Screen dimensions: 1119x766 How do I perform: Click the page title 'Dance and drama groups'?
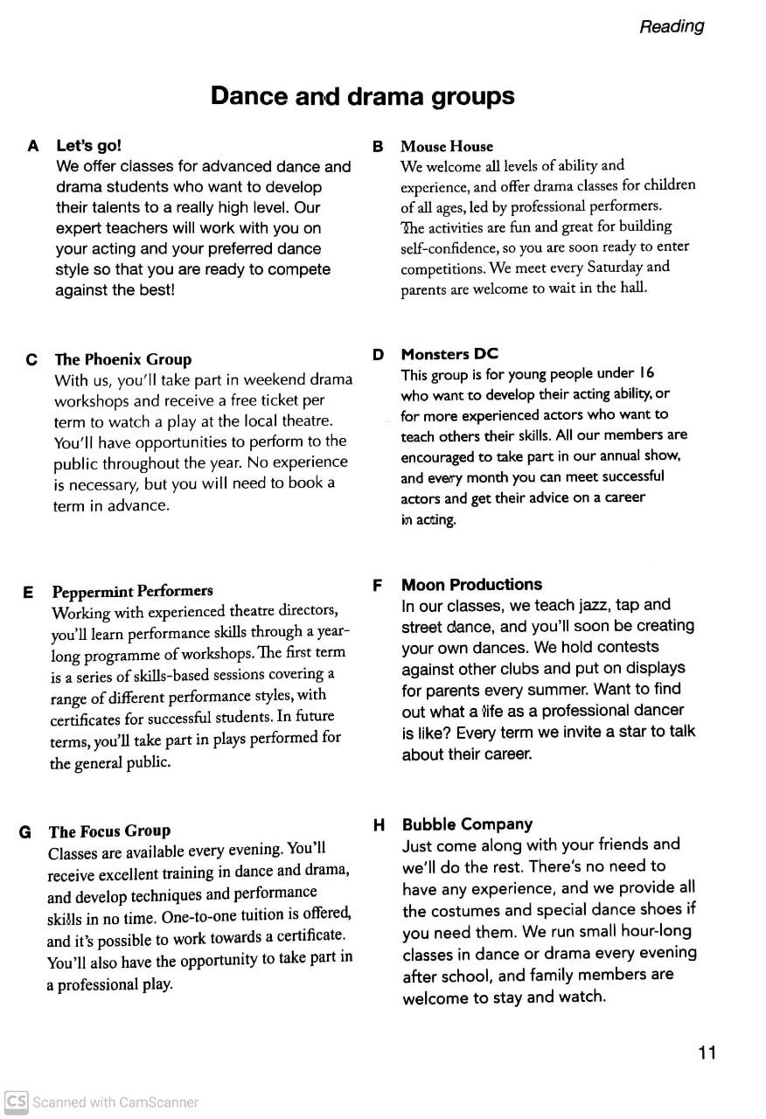362,96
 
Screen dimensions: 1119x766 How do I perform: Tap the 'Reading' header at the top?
672,26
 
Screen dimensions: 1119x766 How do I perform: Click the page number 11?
707,1052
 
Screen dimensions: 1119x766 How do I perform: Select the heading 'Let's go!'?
88,145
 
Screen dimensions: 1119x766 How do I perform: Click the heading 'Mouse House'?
446,146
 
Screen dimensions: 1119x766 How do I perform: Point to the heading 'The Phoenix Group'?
122,359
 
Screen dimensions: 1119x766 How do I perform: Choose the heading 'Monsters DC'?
449,354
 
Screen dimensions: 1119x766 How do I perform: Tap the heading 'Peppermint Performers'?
132,591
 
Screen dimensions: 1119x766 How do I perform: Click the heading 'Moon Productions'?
471,585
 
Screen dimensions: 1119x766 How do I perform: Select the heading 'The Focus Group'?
109,831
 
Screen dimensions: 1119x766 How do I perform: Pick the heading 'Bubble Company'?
467,824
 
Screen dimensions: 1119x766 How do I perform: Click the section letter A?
33,146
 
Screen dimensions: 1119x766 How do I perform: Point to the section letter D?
378,355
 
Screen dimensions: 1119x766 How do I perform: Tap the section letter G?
25,832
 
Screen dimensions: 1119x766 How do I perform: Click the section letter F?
378,586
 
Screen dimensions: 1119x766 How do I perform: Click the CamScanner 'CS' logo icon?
16,1102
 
